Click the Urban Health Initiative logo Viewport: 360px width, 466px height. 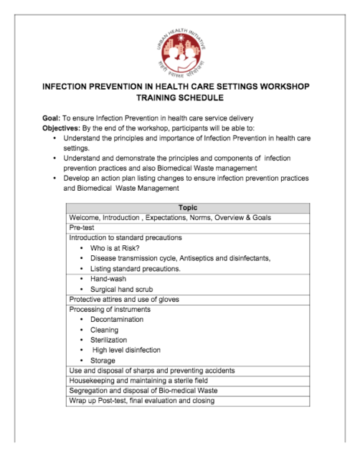pos(180,44)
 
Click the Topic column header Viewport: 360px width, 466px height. pos(188,207)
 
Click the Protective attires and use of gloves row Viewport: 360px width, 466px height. pos(124,299)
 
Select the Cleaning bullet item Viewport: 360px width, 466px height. pos(105,330)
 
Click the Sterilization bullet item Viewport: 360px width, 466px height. pos(109,340)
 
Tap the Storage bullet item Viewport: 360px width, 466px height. pos(104,360)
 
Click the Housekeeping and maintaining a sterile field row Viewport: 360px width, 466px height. pos(146,381)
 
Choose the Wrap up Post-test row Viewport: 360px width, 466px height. pos(141,401)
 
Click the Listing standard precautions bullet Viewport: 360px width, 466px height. pos(136,268)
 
